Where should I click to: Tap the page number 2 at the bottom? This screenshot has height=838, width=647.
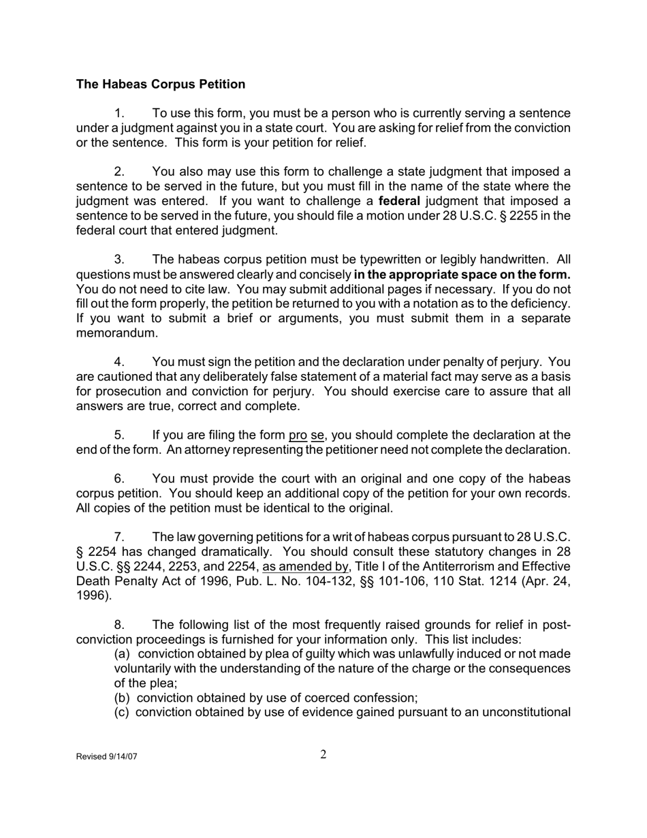pyautogui.click(x=323, y=754)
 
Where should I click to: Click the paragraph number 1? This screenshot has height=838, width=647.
pyautogui.click(x=119, y=113)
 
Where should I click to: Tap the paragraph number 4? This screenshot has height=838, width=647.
pyautogui.click(x=119, y=362)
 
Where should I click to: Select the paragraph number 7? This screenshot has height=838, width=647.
pyautogui.click(x=119, y=538)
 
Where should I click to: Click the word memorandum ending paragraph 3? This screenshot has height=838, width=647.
pyautogui.click(x=116, y=333)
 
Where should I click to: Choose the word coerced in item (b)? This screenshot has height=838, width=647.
pyautogui.click(x=323, y=698)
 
